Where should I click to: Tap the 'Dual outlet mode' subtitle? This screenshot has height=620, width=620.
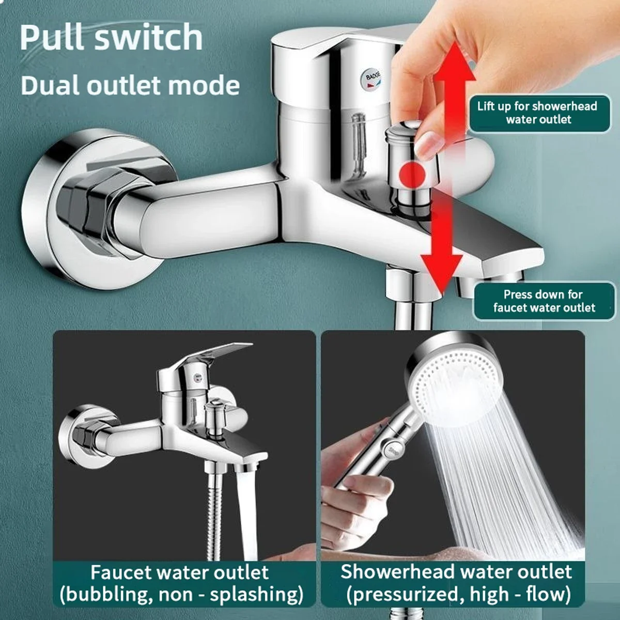pyautogui.click(x=130, y=85)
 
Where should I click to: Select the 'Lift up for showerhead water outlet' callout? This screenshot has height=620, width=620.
pyautogui.click(x=537, y=113)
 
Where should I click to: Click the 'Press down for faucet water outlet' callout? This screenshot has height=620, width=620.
pyautogui.click(x=544, y=301)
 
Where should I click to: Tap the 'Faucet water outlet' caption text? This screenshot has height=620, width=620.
pyautogui.click(x=180, y=572)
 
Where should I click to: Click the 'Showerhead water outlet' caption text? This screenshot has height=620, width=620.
pyautogui.click(x=456, y=572)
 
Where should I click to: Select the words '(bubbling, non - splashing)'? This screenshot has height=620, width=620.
pyautogui.click(x=181, y=595)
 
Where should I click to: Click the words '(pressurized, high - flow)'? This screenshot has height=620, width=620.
pyautogui.click(x=459, y=595)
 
